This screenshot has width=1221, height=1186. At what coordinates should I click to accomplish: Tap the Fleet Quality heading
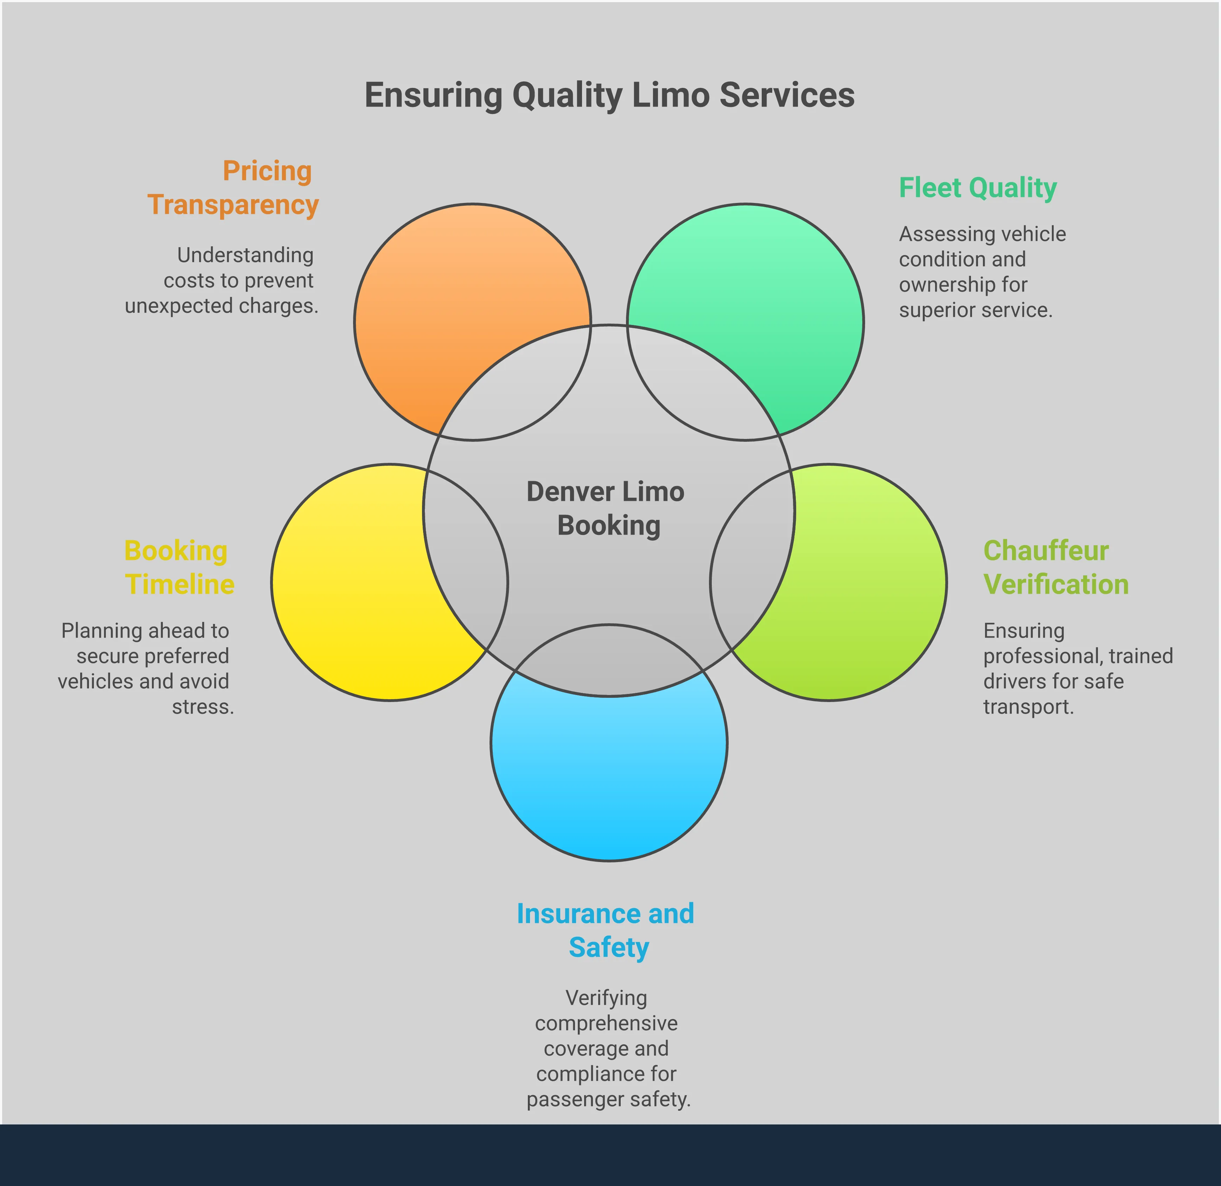point(977,187)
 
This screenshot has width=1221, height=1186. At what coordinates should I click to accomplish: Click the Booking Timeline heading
point(179,567)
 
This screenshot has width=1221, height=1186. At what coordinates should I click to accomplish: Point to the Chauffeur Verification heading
point(1055,567)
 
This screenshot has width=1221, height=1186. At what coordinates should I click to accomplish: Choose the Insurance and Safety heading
point(606,930)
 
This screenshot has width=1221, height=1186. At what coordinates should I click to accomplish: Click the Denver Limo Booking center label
point(606,508)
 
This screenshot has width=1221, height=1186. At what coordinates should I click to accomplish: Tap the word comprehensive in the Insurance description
point(606,1023)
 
